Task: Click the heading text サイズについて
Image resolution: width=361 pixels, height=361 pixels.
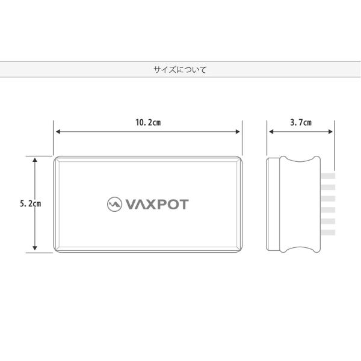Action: tap(180, 70)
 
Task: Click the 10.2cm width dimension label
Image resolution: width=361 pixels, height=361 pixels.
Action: tap(148, 123)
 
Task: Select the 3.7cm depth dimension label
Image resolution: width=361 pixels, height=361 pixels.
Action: tap(300, 123)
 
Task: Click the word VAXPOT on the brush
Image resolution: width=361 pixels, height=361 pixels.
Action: tap(157, 204)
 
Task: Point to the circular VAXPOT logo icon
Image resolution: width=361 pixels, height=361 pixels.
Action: tap(114, 204)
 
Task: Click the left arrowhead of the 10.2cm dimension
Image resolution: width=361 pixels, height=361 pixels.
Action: tap(57, 131)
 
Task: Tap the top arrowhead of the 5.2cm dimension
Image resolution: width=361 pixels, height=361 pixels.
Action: tap(35, 160)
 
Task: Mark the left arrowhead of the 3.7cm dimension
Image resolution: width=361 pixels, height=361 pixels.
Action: tap(271, 131)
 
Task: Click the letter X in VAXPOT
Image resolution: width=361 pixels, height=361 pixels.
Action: tap(153, 204)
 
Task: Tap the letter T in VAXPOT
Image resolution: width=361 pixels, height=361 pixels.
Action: tap(184, 204)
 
